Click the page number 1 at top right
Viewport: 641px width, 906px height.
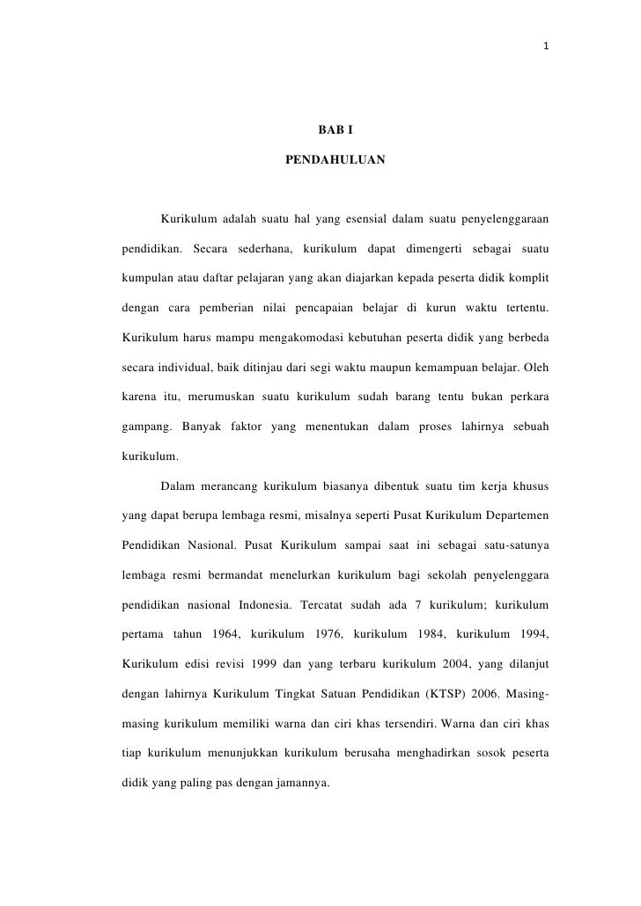pos(547,46)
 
